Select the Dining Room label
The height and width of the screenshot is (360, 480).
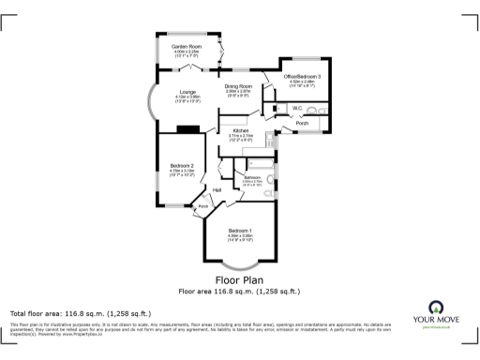tap(239, 86)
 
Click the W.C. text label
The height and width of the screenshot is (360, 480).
tap(296, 108)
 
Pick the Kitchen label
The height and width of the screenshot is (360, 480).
tap(241, 130)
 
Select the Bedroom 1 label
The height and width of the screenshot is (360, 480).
tap(241, 232)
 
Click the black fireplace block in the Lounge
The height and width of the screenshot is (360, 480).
tap(188, 129)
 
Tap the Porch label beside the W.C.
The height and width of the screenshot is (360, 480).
tap(302, 123)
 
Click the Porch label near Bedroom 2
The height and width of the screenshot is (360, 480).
tap(202, 206)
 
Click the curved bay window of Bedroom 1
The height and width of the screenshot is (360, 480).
tap(241, 265)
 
